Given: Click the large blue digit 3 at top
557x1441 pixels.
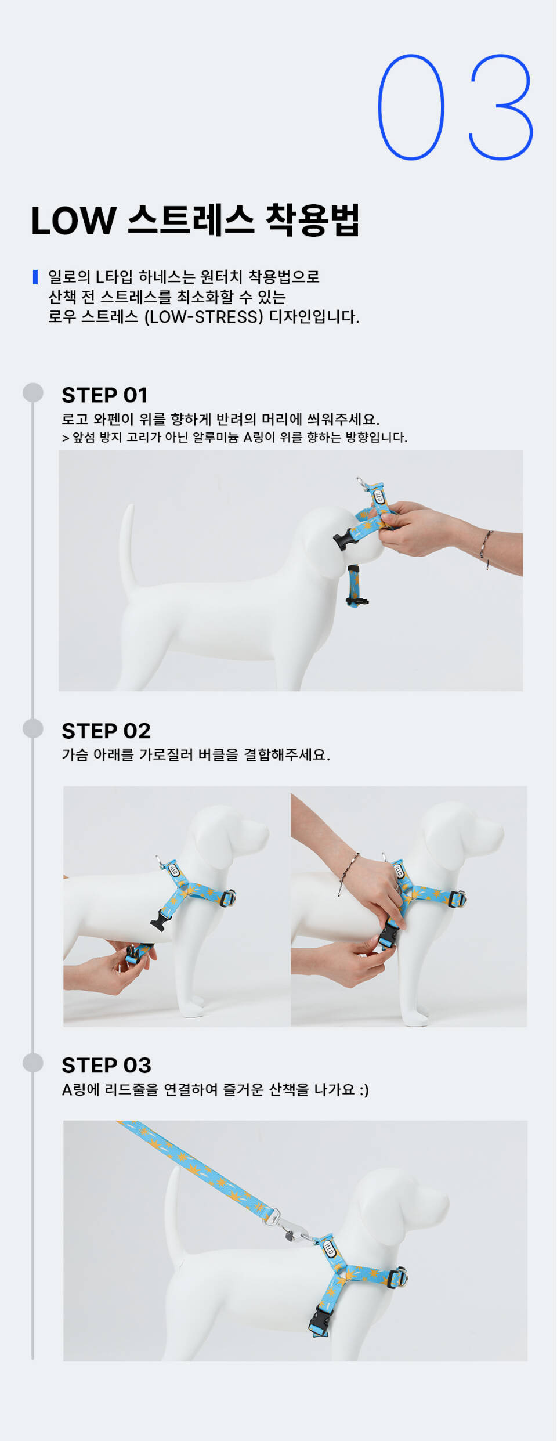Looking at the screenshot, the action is [501, 107].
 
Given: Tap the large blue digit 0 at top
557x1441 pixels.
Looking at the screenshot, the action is [411, 107].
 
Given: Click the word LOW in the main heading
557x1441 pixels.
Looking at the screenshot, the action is [74, 221].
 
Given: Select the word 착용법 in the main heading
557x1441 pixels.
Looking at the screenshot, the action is [313, 221].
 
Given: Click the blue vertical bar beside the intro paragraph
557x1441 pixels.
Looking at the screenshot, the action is [35, 277].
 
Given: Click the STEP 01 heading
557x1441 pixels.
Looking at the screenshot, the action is [105, 395].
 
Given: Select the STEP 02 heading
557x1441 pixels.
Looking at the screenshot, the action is [106, 731].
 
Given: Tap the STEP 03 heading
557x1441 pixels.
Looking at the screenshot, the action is [106, 1065].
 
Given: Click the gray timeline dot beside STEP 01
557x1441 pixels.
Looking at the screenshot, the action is [33, 393].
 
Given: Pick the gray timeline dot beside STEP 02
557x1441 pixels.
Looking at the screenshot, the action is [33, 728].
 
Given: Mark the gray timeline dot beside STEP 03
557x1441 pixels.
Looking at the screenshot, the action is [33, 1063].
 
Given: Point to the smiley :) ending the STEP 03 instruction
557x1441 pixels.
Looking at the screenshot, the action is [364, 1090].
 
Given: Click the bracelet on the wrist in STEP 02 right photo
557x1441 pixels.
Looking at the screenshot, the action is [348, 873].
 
